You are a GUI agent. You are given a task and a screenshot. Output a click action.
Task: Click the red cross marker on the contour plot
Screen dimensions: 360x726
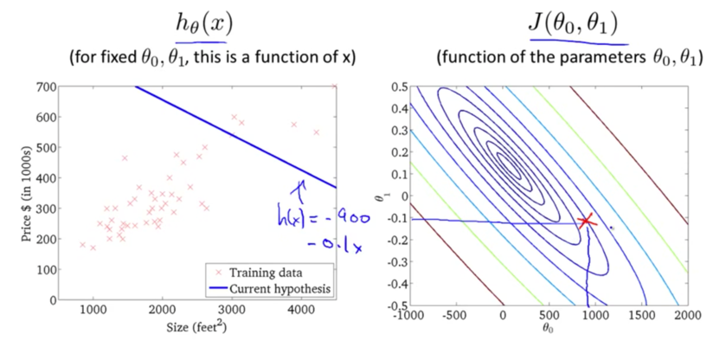point(588,222)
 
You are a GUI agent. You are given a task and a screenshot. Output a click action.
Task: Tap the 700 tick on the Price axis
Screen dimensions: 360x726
point(46,87)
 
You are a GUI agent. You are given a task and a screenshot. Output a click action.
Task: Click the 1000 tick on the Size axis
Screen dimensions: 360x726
point(93,313)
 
